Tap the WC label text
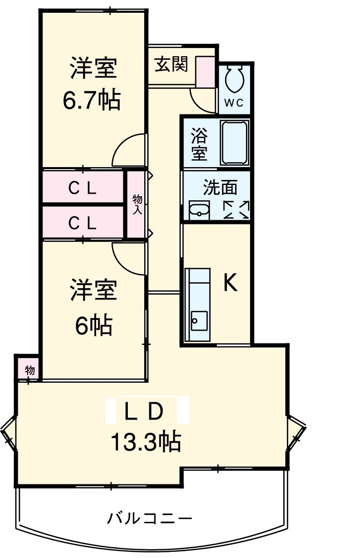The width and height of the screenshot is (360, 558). point(235,103)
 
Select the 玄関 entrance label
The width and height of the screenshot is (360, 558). point(171,64)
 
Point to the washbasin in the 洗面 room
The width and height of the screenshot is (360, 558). point(199,210)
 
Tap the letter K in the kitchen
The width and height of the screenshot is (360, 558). point(231,282)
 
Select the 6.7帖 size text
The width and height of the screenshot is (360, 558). point(92,100)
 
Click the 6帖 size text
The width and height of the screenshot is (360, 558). point(94,324)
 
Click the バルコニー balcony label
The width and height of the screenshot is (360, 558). point(149,519)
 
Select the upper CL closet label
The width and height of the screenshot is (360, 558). point(83,188)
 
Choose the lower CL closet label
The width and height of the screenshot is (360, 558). point(83,222)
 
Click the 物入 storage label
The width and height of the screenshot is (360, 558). point(137,203)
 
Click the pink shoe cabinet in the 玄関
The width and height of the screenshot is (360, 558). point(207,71)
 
